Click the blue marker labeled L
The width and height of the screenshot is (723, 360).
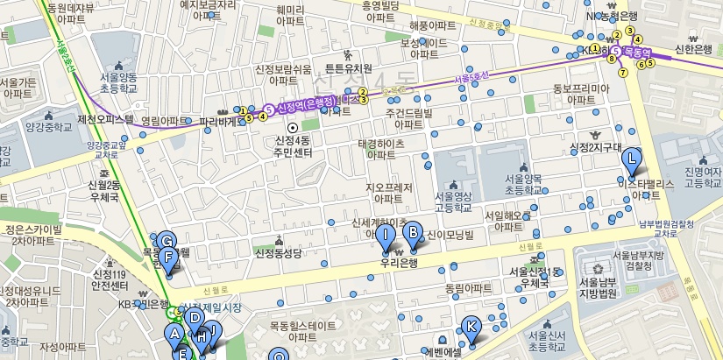click(631, 159)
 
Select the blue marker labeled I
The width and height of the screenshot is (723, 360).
click(385, 234)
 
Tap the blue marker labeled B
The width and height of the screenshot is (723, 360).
click(410, 233)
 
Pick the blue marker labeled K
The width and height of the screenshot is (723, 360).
click(471, 328)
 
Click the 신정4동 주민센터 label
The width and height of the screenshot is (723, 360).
click(293, 146)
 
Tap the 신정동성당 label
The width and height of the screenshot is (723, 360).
click(278, 254)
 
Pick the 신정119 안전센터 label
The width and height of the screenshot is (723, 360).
click(111, 280)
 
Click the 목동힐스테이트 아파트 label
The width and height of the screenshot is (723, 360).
click(302, 331)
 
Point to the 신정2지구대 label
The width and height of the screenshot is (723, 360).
click(594, 147)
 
